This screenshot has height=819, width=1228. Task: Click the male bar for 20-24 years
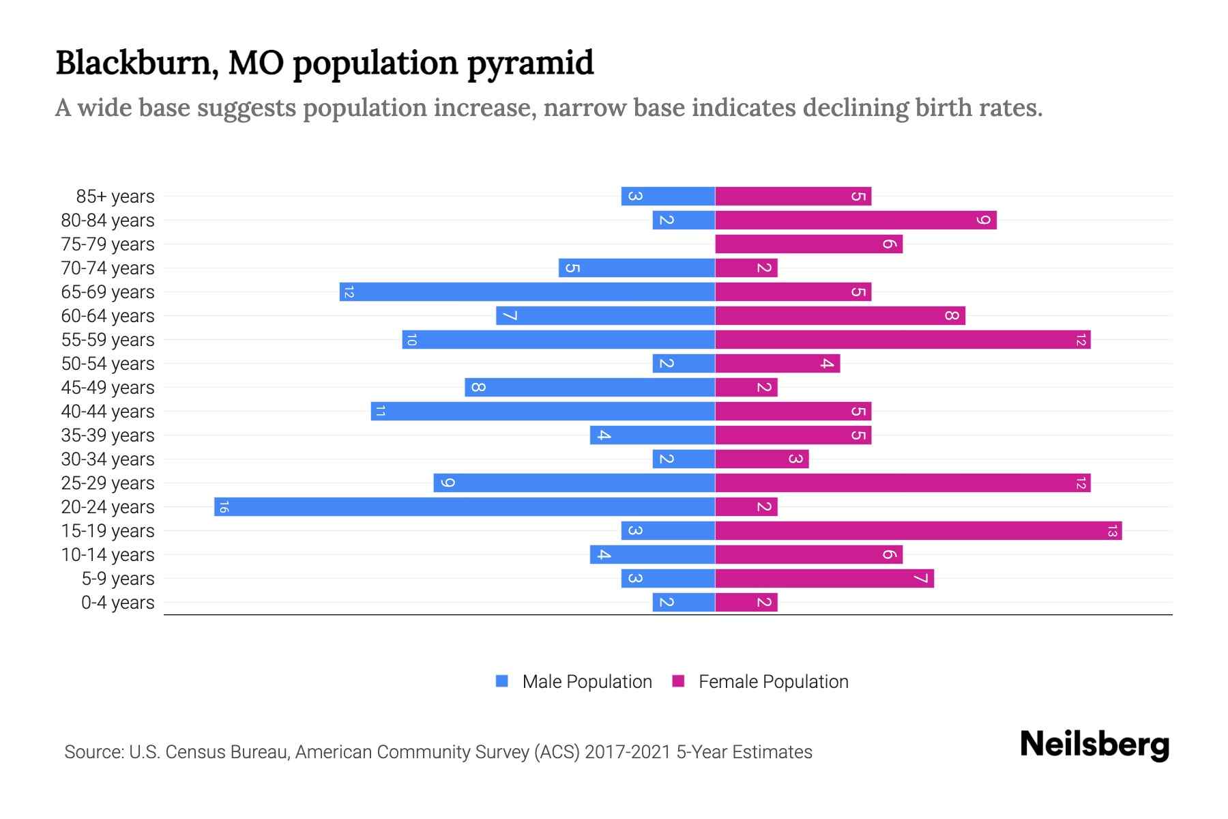(464, 506)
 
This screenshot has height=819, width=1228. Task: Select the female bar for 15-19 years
(918, 530)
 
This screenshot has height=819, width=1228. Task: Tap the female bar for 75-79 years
(808, 244)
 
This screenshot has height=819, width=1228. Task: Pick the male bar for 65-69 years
(527, 291)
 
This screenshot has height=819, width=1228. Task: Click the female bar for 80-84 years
(856, 220)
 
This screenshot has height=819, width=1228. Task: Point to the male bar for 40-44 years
(542, 411)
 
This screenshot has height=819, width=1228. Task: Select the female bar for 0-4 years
(746, 602)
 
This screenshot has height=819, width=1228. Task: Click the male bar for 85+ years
(667, 196)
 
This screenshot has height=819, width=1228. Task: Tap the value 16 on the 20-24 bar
(224, 506)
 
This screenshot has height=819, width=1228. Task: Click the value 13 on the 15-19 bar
(1112, 530)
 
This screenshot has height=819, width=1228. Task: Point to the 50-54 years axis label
(108, 364)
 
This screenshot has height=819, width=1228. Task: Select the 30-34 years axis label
(108, 459)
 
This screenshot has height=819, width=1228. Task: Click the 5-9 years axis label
(118, 579)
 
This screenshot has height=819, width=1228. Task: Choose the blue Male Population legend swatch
(502, 681)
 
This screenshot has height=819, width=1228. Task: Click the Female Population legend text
(773, 681)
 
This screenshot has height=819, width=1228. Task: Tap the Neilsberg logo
(1094, 744)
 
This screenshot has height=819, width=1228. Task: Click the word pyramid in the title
(530, 63)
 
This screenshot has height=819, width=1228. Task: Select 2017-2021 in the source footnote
(627, 751)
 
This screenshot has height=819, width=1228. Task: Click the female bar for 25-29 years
(902, 483)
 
